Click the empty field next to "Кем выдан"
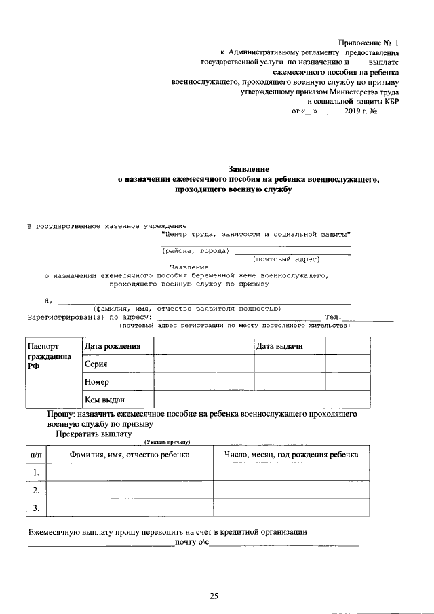tap(262, 400)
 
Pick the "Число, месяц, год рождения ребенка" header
tap(292, 454)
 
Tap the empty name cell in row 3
tap(129, 507)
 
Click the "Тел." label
tap(332, 317)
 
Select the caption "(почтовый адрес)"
tap(285, 259)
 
